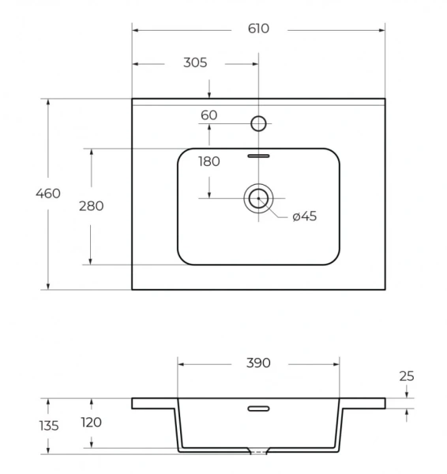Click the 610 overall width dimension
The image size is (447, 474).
258,28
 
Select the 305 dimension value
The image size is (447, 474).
195,63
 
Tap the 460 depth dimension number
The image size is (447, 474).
48,194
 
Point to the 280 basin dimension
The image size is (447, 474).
92,206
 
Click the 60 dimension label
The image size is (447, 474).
208,115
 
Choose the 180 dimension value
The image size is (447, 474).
209,162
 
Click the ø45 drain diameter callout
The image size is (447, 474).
305,216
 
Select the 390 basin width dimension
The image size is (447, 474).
258,363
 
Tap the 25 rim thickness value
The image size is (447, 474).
407,376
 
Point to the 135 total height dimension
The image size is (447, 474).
49,426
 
